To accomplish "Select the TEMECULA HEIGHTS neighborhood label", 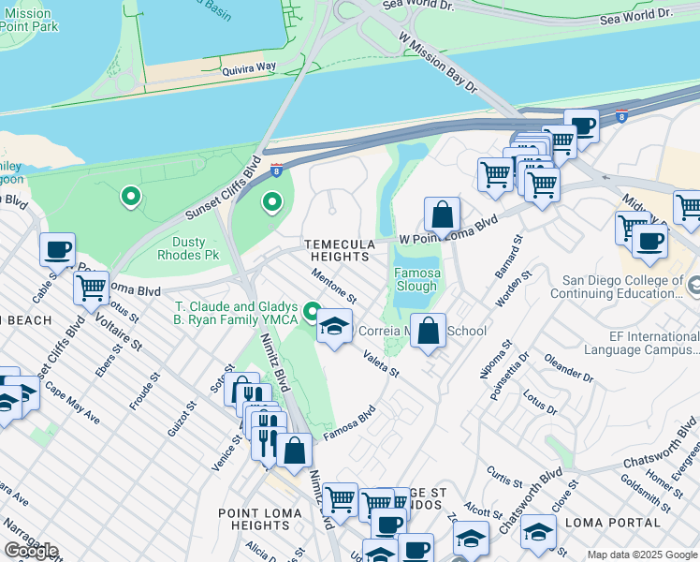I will [337, 250].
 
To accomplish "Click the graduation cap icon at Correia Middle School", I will [333, 327].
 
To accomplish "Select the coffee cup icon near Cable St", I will [58, 250].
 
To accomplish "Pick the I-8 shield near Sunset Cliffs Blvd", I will [276, 170].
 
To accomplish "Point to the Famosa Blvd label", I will [349, 422].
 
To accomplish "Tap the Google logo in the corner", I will [31, 550].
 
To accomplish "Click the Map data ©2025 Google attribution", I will [642, 555].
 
